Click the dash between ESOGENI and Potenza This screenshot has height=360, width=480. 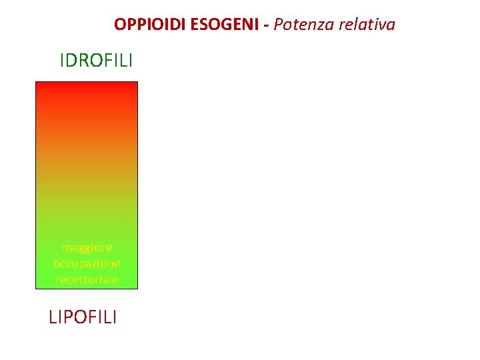(266, 25)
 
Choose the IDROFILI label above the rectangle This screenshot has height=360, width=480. (96, 61)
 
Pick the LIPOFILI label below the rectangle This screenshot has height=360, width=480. (83, 316)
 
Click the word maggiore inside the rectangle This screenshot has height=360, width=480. (87, 247)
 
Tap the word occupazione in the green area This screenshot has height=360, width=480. (87, 263)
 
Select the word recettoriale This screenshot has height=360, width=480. (87, 279)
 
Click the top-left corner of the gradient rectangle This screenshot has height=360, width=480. (36, 82)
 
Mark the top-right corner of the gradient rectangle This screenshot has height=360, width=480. (137, 82)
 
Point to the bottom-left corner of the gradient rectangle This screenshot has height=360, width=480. (36, 288)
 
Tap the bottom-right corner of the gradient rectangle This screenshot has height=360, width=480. (137, 288)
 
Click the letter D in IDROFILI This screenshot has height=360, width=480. (71, 61)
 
